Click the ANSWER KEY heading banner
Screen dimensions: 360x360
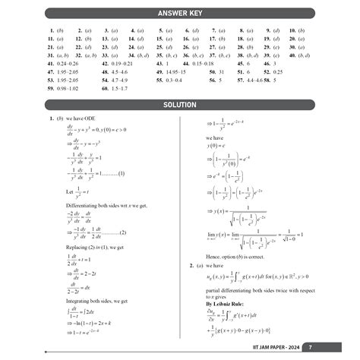(x=180, y=14)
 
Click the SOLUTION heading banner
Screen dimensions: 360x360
(x=180, y=105)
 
